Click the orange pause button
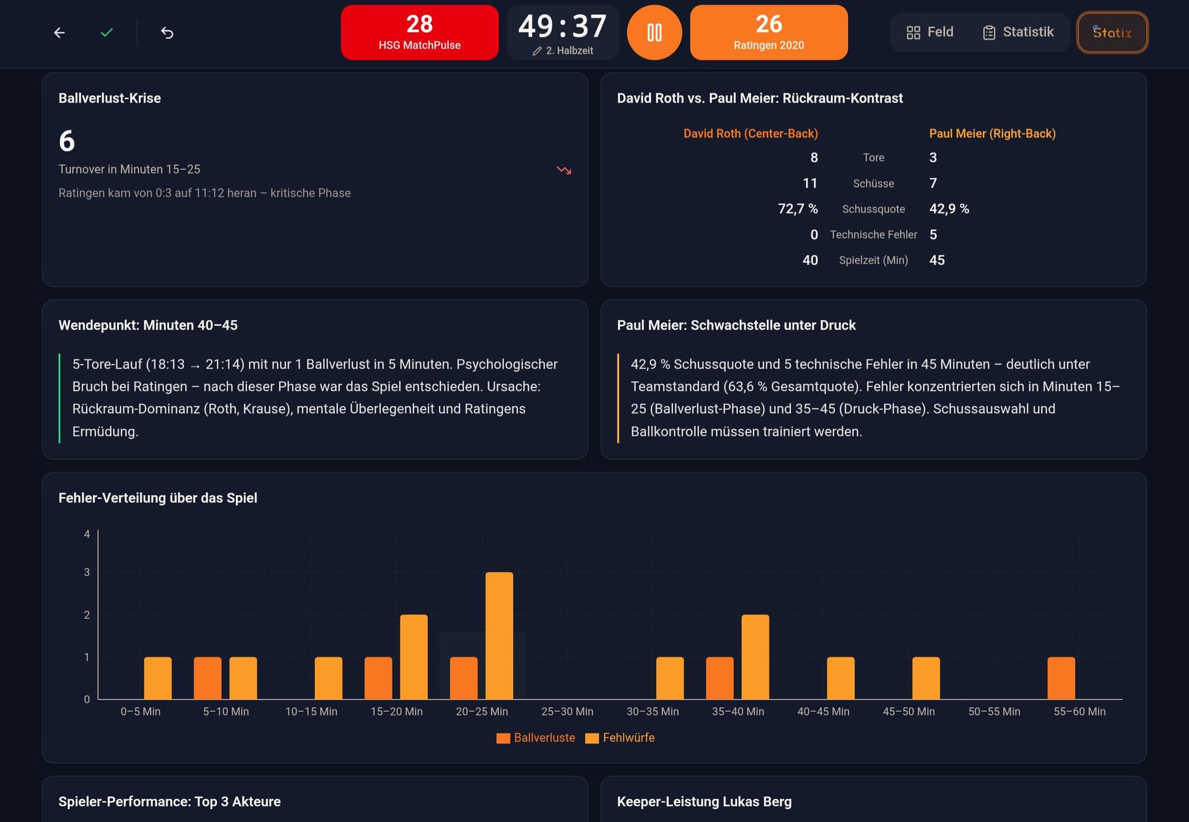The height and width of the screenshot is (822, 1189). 654,32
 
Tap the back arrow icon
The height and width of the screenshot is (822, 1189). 59,33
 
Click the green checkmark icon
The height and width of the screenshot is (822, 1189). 107,32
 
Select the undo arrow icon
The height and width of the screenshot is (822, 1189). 167,33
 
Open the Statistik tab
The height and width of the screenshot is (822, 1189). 1018,32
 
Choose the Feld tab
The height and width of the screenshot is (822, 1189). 930,32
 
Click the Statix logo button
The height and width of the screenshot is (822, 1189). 1112,32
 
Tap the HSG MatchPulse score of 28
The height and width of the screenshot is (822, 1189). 419,24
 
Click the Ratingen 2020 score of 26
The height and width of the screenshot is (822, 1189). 769,24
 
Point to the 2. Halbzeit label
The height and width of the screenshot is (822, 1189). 569,51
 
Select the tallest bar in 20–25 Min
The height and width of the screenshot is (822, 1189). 499,636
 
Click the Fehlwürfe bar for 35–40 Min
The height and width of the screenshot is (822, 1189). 755,657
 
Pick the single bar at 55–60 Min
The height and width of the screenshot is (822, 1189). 1061,678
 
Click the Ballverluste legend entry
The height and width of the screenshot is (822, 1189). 536,738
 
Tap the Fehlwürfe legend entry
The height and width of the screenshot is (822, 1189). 620,738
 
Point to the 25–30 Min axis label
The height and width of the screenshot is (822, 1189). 567,712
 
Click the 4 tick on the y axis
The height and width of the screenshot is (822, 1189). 87,534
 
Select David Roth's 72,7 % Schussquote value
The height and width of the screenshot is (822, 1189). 798,209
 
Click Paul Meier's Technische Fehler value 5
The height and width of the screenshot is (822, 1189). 933,235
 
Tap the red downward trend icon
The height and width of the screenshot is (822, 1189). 564,170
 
